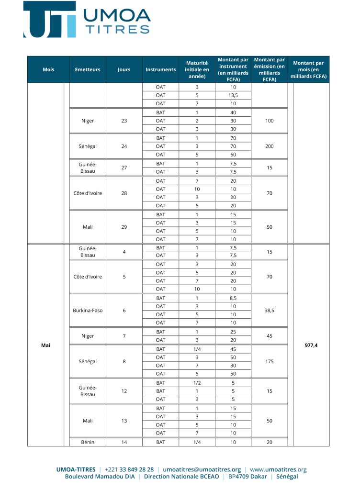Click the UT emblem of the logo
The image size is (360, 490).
pyautogui.click(x=49, y=20)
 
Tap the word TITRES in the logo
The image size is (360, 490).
pyautogui.click(x=117, y=29)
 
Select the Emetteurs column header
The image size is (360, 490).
pyautogui.click(x=88, y=69)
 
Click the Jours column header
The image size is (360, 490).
pyautogui.click(x=124, y=69)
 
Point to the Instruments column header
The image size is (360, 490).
pyautogui.click(x=160, y=69)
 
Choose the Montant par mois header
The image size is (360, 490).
pyautogui.click(x=308, y=69)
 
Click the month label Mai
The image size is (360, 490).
pyautogui.click(x=46, y=345)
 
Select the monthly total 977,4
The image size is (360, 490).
pyautogui.click(x=311, y=345)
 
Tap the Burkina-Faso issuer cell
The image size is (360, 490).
pyautogui.click(x=88, y=310)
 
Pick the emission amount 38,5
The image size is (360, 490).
pyautogui.click(x=270, y=310)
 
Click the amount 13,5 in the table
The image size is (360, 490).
pyautogui.click(x=233, y=95)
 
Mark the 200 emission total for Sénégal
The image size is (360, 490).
pyautogui.click(x=270, y=146)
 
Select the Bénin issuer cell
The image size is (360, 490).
pyautogui.click(x=88, y=442)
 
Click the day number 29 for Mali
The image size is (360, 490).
pyautogui.click(x=124, y=227)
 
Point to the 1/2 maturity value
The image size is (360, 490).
pyautogui.click(x=197, y=383)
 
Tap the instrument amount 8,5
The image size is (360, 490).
pyautogui.click(x=233, y=298)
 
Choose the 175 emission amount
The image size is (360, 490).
pyautogui.click(x=270, y=361)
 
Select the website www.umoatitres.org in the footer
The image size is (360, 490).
pyautogui.click(x=278, y=469)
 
